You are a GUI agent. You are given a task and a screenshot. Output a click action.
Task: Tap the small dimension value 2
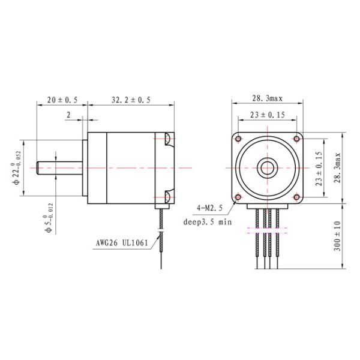tap(70, 114)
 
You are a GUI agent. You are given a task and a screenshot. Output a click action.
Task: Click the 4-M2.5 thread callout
tap(209, 208)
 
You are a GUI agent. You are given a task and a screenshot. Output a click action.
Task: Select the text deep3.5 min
tap(207, 221)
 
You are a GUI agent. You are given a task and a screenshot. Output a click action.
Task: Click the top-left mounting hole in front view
tap(239, 139)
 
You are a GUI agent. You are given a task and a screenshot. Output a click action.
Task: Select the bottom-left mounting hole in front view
tap(239, 196)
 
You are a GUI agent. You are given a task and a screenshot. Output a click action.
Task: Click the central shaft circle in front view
tap(267, 167)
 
